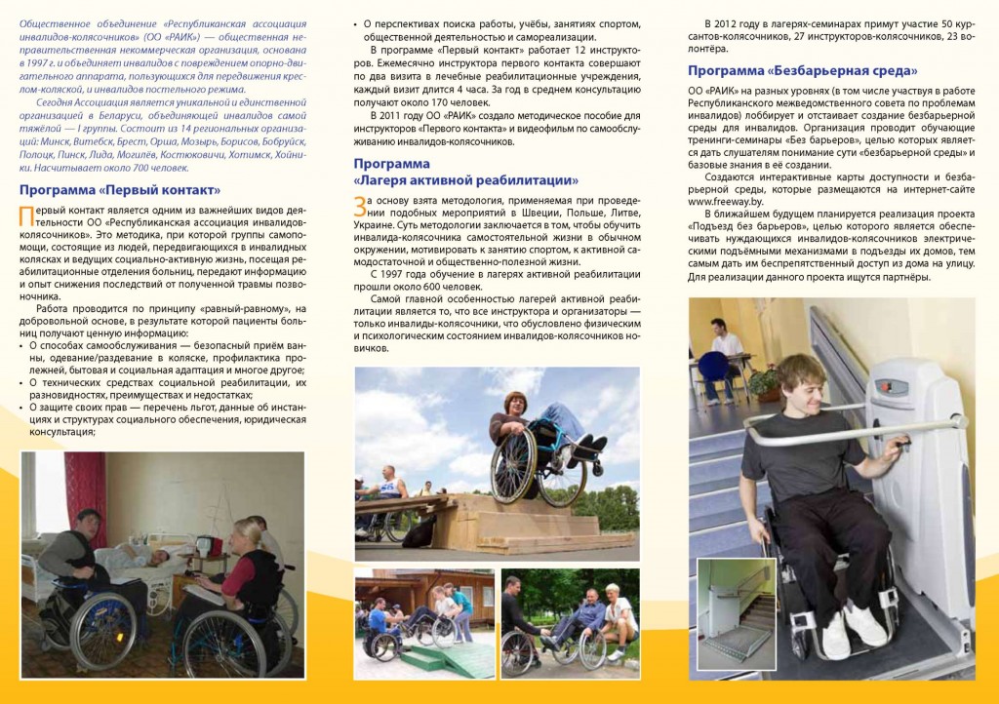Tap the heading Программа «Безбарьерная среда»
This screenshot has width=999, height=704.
click(803, 71)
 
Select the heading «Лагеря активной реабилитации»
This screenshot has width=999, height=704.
click(465, 180)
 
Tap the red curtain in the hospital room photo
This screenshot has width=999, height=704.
click(38, 496)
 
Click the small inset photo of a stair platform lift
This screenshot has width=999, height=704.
click(738, 608)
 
